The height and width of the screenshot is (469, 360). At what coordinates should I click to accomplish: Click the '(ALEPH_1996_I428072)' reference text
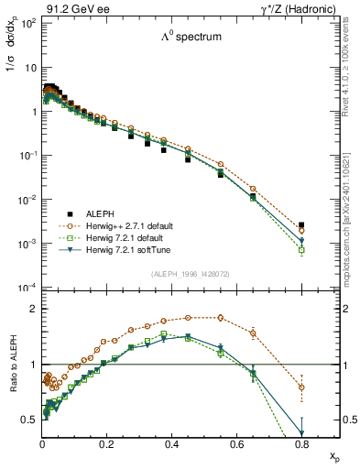(x=191, y=274)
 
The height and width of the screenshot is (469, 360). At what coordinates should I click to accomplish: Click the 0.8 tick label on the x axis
(x=300, y=442)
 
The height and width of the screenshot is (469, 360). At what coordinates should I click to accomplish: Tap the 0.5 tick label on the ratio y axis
(x=29, y=420)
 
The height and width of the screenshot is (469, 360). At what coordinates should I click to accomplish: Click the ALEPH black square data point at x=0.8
(x=301, y=224)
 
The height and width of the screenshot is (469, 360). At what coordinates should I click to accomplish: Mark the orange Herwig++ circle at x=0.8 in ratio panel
(x=301, y=387)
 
